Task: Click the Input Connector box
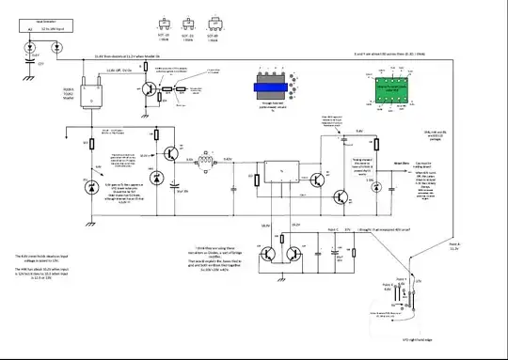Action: pyautogui.click(x=40, y=22)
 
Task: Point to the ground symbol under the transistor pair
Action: pyautogui.click(x=283, y=279)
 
